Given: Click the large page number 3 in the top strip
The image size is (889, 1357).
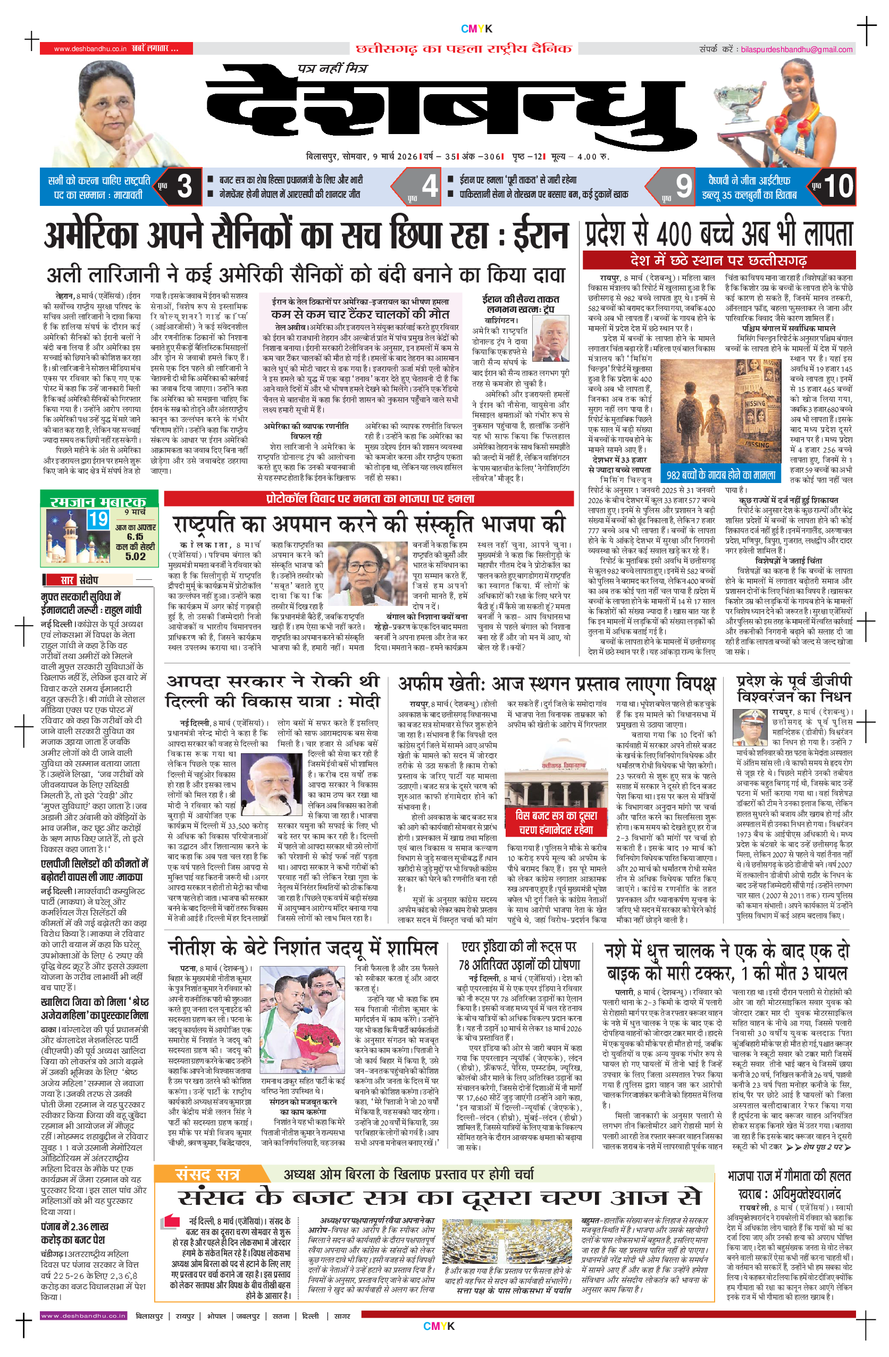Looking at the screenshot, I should (184, 186).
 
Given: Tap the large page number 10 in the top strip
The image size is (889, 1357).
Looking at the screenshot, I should (838, 186).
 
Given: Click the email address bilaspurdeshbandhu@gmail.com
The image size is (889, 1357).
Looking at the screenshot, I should (796, 49).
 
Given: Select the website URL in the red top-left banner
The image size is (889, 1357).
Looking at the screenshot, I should (90, 49).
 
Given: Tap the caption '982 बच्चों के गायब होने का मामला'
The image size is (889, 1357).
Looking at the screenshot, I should (721, 475).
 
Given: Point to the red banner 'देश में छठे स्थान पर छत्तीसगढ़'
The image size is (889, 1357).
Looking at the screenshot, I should (717, 261).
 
